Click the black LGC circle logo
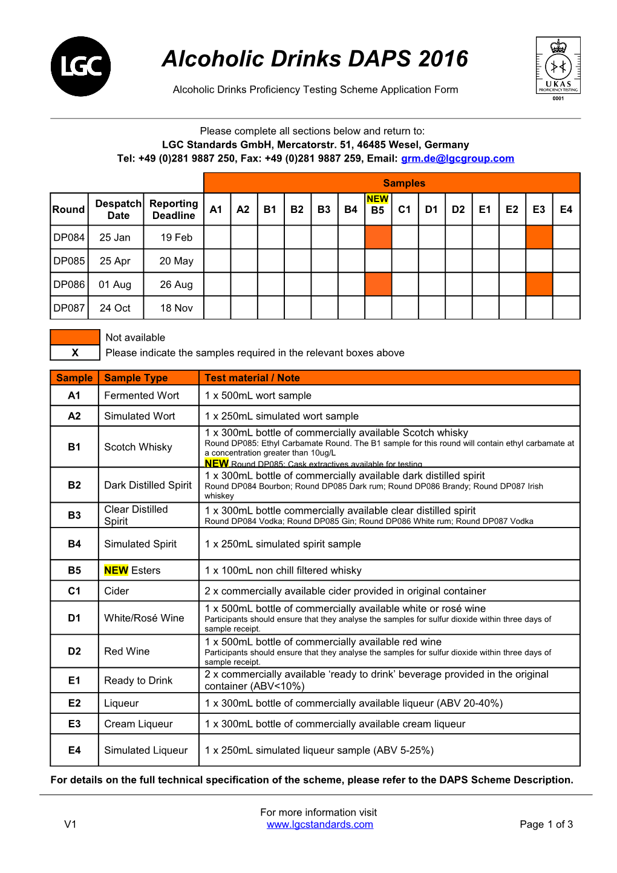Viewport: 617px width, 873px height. click(80, 67)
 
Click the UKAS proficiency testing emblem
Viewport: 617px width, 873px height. click(558, 67)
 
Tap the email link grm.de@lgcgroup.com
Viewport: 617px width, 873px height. click(457, 159)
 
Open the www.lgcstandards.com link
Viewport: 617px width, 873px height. click(319, 824)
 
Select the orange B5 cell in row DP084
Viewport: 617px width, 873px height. click(378, 237)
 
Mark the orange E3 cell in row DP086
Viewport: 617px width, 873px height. click(539, 284)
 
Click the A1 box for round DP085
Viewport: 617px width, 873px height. click(217, 261)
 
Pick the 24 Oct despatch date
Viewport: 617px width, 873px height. click(115, 308)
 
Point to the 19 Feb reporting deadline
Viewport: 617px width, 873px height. click(176, 237)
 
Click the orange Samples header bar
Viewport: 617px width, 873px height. click(391, 183)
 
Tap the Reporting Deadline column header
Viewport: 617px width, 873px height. click(174, 209)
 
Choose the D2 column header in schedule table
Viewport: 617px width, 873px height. click(458, 209)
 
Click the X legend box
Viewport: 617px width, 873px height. click(75, 353)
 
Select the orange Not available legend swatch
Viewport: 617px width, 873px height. click(75, 337)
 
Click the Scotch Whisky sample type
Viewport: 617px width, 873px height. click(138, 447)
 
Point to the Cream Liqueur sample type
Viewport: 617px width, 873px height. click(138, 724)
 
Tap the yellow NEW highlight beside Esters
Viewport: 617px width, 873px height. click(116, 571)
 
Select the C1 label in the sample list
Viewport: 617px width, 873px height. click(74, 591)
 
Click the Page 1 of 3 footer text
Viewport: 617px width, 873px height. click(546, 824)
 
